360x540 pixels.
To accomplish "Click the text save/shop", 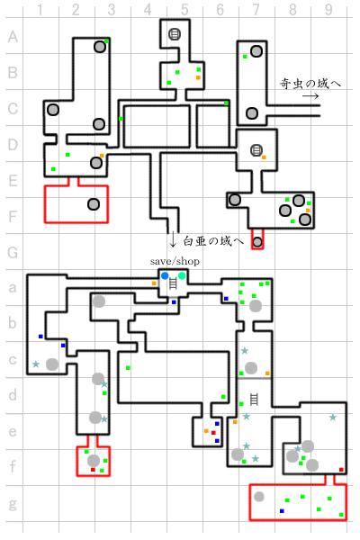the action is pos(175,261).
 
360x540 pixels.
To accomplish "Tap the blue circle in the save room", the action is pos(165,276).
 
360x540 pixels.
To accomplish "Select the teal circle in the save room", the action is pos(182,275).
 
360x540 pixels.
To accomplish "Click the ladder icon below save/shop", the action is pos(174,283).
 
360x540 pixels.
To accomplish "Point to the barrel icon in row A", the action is pos(175,34).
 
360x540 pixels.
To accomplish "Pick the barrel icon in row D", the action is pos(256,150).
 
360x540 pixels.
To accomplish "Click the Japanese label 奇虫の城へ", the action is pos(310,84).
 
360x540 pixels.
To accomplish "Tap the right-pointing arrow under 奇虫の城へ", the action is pos(310,96).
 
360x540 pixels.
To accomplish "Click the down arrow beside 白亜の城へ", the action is pos(173,239).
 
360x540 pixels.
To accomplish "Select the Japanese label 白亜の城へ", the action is pos(213,241).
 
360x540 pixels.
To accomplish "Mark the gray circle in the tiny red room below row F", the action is pos(257,242).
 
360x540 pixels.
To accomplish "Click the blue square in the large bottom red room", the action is pos(282,511).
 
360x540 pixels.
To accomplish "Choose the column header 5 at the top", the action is pos(184,10).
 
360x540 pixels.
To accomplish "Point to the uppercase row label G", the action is pos(13,252).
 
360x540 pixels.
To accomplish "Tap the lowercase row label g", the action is pos(13,504).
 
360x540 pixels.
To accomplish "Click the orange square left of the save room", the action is pos(154,283).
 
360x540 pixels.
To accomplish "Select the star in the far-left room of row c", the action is pos(36,364).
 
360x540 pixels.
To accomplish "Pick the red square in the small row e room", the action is pos(213,433).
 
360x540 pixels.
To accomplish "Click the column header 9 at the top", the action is pos(328,10).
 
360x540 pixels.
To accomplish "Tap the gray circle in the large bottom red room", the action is pos(259,496).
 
